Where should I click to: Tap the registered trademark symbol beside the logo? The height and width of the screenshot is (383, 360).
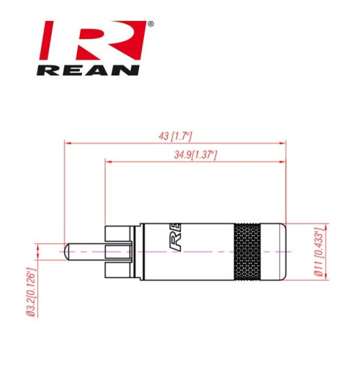pyautogui.click(x=150, y=24)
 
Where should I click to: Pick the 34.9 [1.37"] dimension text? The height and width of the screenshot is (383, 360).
pyautogui.click(x=195, y=155)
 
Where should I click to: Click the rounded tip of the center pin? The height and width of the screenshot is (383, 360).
pyautogui.click(x=67, y=252)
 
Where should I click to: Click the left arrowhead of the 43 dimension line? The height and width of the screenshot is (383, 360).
pyautogui.click(x=68, y=143)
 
